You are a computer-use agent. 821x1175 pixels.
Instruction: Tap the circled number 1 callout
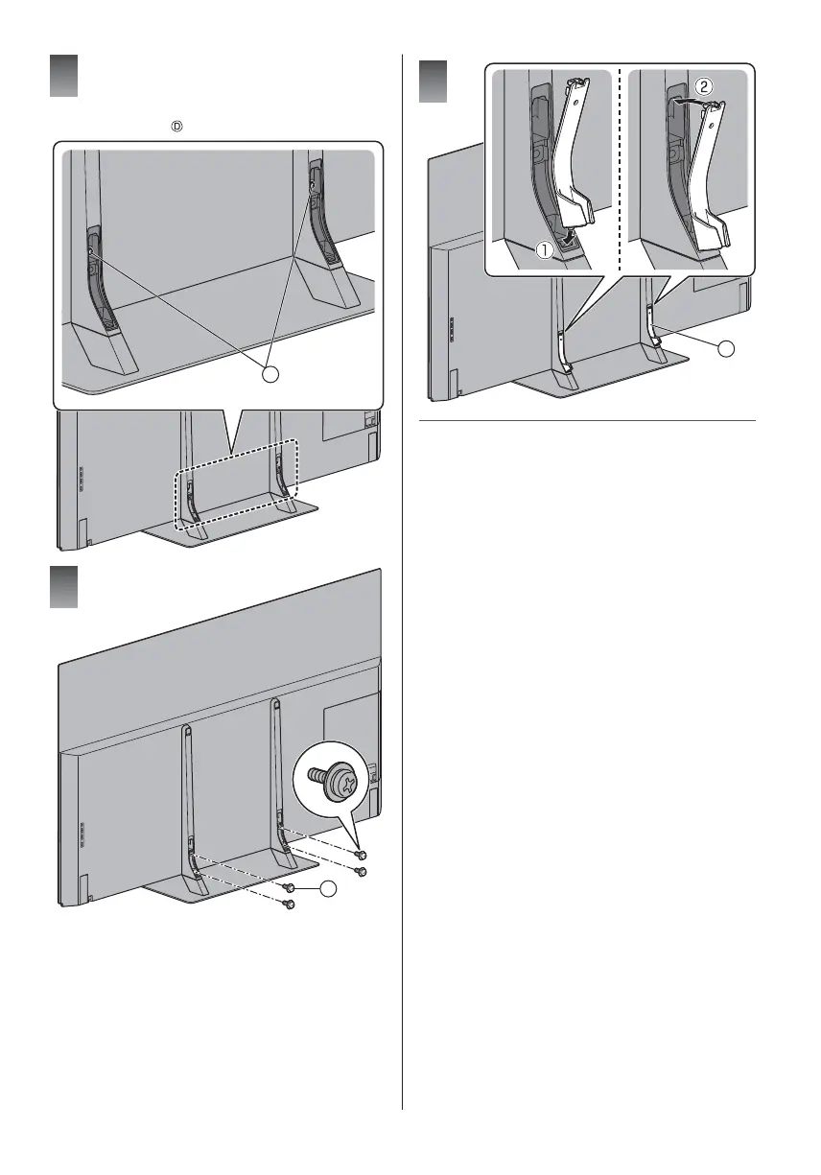pos(544,250)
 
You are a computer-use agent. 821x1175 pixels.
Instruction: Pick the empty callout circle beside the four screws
pos(330,891)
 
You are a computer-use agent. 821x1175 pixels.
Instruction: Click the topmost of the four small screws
pos(360,854)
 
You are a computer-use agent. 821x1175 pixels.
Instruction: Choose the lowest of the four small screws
pos(288,905)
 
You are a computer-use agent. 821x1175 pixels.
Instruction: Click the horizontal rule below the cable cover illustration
pos(588,420)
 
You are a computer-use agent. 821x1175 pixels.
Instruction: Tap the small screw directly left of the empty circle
pos(288,890)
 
